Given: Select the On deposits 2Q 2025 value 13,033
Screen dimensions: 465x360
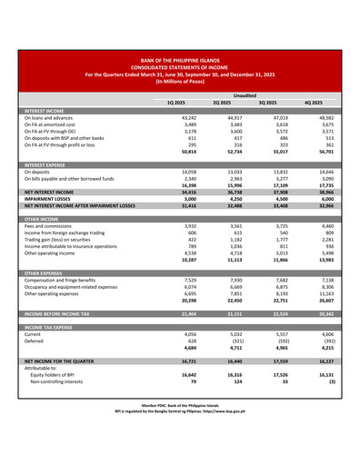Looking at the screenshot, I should (x=221, y=171).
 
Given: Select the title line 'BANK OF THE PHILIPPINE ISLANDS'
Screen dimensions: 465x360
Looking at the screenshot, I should (x=179, y=59).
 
